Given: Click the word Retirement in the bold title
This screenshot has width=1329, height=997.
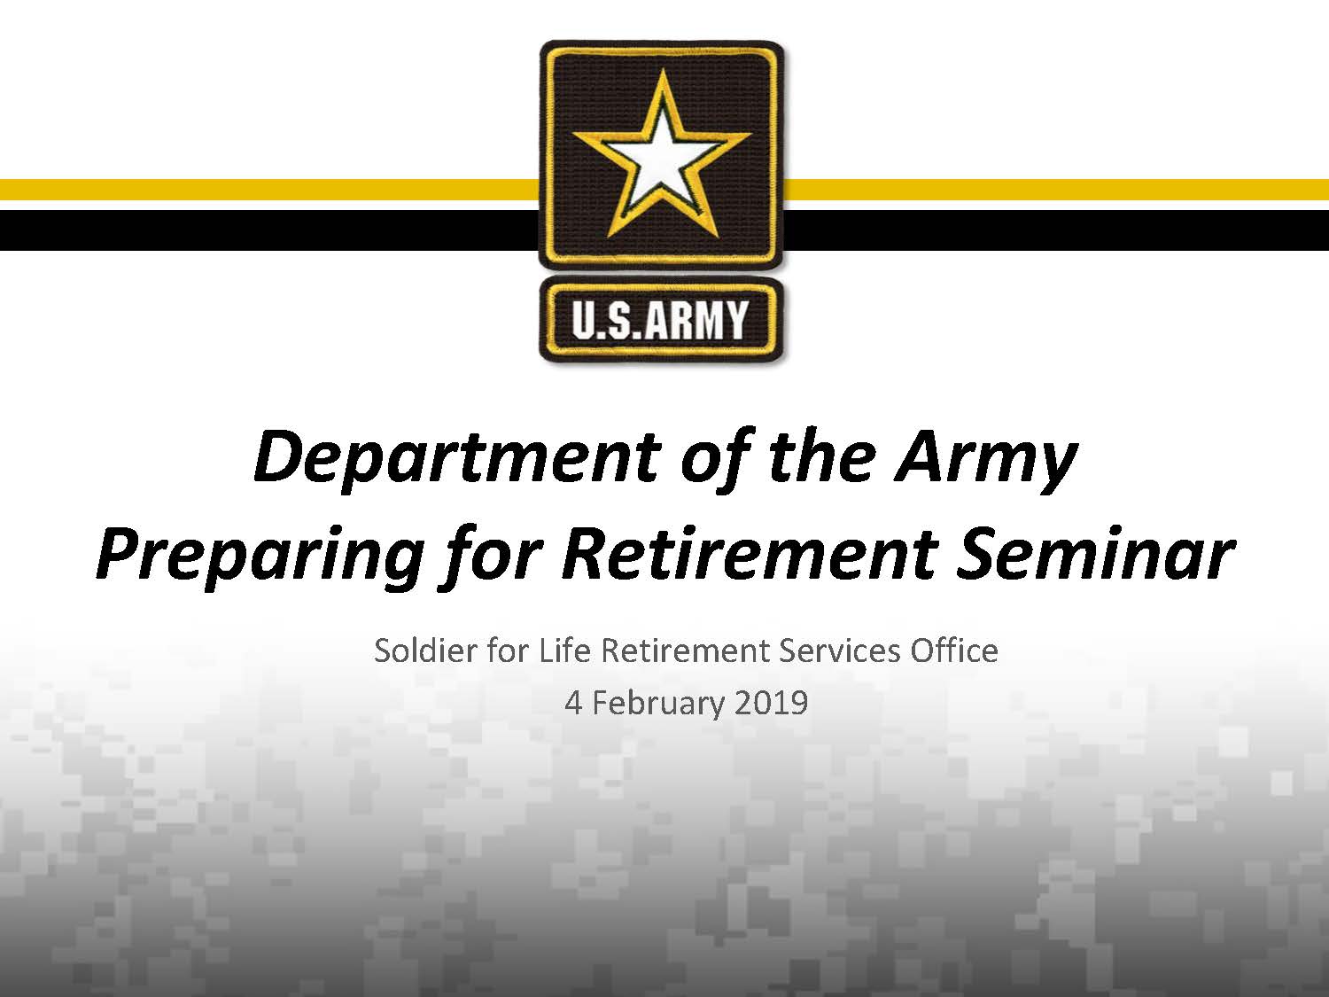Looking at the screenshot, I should click(x=750, y=554).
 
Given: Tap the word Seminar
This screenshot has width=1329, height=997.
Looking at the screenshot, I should click(x=1096, y=554).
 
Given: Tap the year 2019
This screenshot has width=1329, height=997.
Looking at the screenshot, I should click(x=771, y=703).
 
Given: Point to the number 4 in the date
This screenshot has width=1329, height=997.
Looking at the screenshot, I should click(x=573, y=703).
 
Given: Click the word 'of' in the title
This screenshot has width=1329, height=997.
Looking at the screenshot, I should click(x=716, y=458).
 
